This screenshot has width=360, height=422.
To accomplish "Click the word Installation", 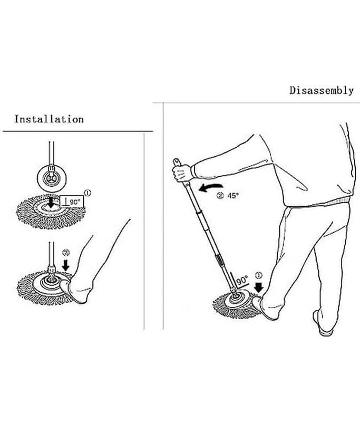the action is [49, 119].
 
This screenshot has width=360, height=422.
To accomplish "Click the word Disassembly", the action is [322, 90].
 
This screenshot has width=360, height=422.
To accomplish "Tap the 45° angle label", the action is [233, 196].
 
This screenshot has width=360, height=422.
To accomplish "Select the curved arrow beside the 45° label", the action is [210, 188].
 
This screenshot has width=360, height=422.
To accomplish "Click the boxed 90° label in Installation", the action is [72, 202].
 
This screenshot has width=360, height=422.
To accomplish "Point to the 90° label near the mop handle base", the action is [242, 280].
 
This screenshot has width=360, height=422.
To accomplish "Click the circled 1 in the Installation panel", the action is [87, 193].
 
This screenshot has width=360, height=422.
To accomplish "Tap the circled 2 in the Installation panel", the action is [66, 253].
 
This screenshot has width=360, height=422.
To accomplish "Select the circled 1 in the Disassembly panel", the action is [258, 275].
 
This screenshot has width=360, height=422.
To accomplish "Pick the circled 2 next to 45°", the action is [220, 196].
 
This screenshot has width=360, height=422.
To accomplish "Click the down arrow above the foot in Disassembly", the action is [259, 287].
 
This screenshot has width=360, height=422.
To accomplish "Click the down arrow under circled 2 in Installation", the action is [65, 265].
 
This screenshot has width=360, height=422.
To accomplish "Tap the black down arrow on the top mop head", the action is [51, 204].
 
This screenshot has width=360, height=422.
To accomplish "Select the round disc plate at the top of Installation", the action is [51, 178].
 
